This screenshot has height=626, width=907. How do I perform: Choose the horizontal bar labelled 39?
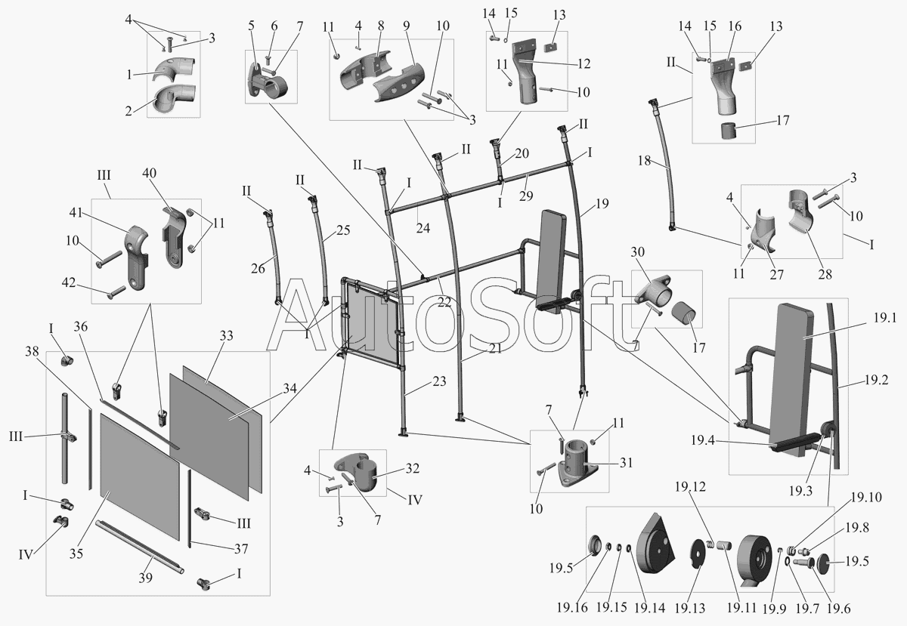(140, 547)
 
